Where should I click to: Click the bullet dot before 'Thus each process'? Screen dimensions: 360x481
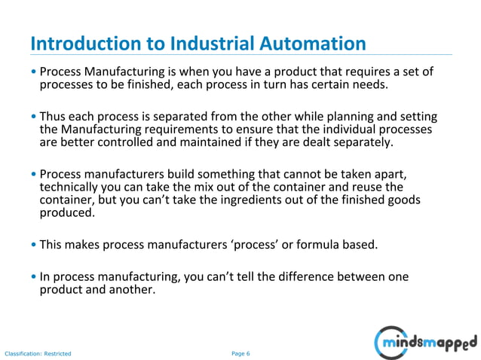pyautogui.click(x=35, y=117)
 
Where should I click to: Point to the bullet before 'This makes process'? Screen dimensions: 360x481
pyautogui.click(x=35, y=244)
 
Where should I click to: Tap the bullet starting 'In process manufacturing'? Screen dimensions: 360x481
pyautogui.click(x=35, y=276)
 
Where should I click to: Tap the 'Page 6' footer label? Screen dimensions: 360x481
pyautogui.click(x=240, y=353)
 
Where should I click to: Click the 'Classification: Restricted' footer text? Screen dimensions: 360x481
pyautogui.click(x=38, y=353)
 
